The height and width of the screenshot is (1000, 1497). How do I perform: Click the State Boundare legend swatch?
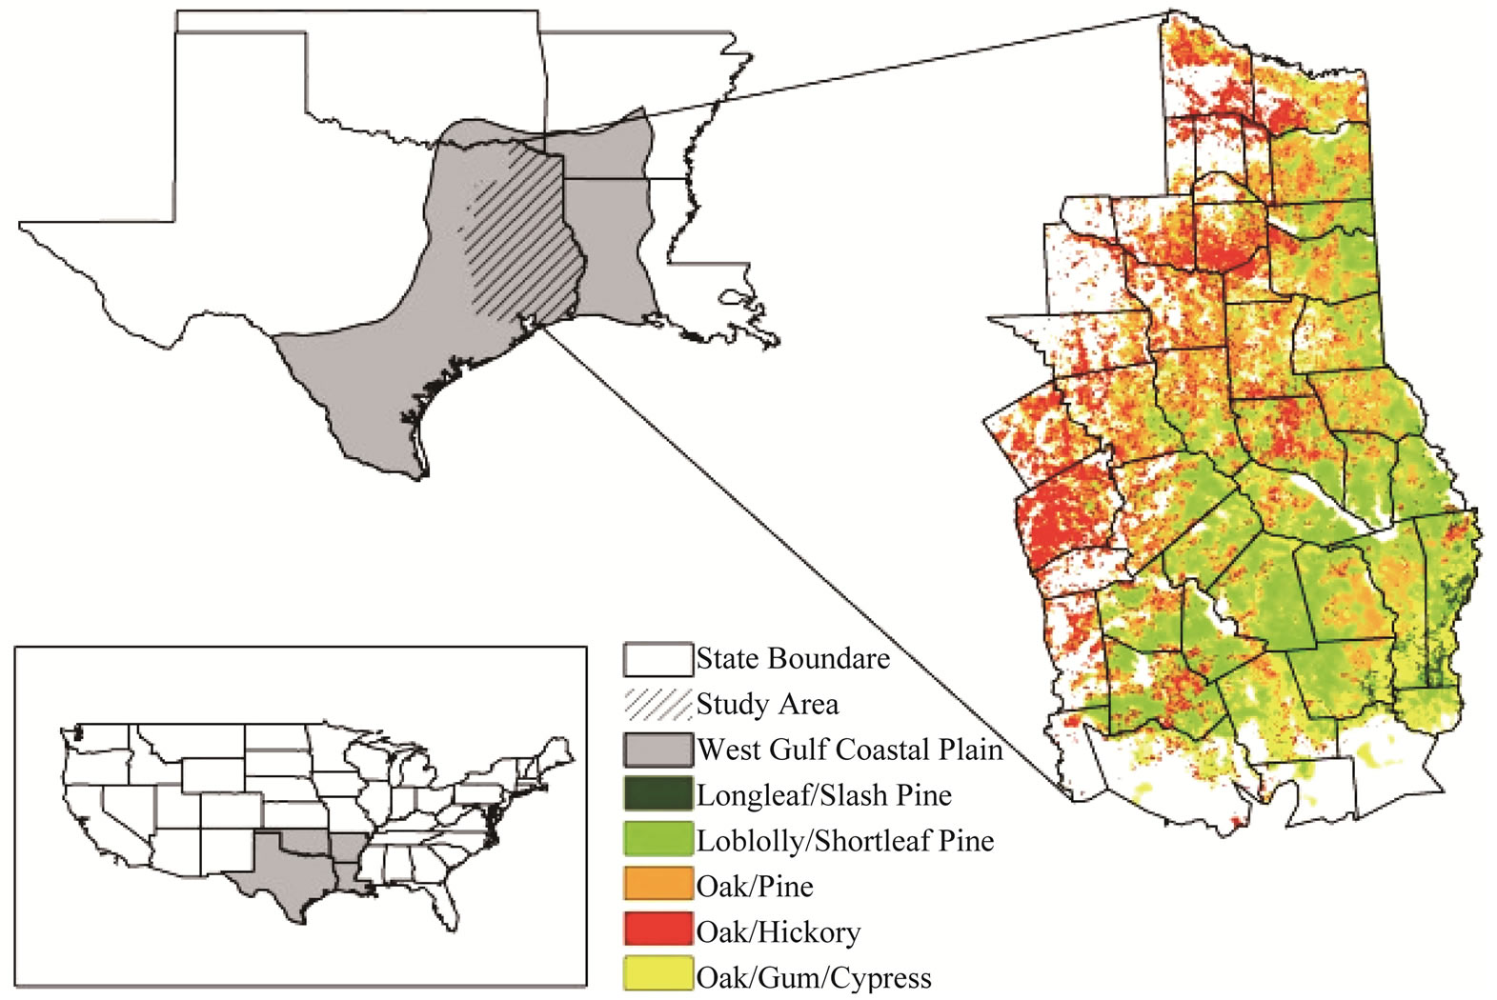pos(657,659)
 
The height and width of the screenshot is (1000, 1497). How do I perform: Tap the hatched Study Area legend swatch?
pos(657,704)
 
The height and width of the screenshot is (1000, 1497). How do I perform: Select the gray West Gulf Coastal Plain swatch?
pos(657,750)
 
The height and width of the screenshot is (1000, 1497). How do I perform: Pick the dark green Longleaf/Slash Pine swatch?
pos(657,794)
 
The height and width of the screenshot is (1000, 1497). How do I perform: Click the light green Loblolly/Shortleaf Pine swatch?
pos(657,840)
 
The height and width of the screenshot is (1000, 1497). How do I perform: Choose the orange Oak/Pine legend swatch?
pos(657,886)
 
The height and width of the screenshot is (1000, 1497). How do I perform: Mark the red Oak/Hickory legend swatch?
pos(657,930)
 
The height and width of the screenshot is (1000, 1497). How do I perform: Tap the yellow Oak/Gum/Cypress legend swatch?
pos(657,975)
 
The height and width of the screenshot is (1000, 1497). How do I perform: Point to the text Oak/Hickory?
pos(778,931)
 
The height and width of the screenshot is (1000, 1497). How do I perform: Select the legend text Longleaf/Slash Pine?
pos(823,795)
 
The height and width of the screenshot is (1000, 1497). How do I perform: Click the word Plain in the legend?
pos(971,750)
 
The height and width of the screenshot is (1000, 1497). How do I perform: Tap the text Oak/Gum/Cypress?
pos(813,977)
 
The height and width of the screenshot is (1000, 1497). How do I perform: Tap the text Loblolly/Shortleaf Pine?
pos(844,841)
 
